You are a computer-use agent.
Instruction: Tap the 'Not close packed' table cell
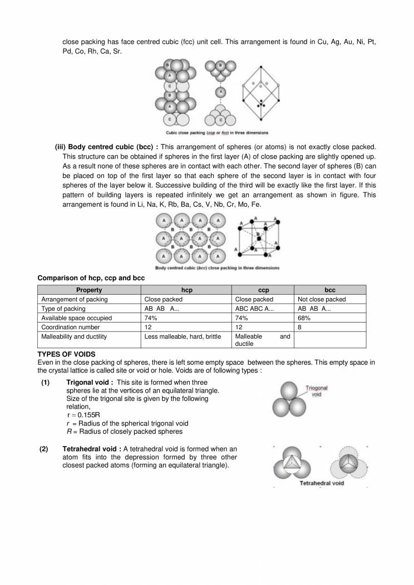pos(322,299)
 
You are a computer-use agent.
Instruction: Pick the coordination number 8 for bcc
pos(300,328)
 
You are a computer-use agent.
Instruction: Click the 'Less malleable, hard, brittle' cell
pos(183,336)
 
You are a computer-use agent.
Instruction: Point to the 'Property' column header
pos(89,290)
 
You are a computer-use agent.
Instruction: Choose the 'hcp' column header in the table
pos(187,290)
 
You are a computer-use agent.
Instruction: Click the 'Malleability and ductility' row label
pos(74,336)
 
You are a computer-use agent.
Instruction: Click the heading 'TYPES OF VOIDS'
pos(66,354)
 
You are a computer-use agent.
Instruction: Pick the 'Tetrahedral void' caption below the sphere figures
pos(322,483)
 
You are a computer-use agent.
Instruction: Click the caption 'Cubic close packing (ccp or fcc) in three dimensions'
pos(216,133)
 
